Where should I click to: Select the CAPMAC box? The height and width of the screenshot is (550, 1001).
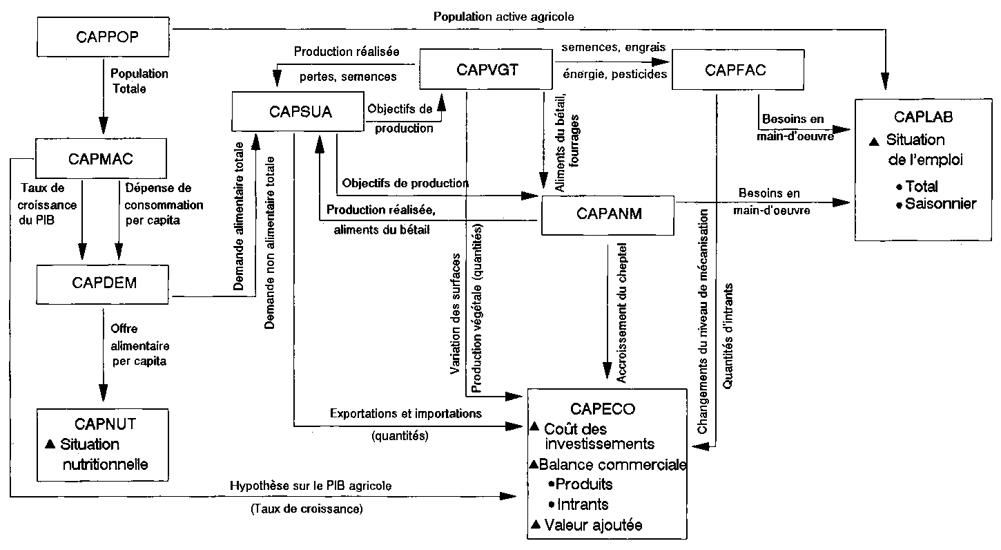point(101,160)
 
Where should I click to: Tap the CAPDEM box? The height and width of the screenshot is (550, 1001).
point(103,283)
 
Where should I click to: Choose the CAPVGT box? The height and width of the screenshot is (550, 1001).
point(487,69)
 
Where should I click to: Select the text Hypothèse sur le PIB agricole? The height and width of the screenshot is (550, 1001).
point(311,486)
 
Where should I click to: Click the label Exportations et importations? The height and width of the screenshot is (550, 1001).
point(405,415)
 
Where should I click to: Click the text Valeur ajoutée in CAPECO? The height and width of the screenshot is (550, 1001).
point(592,525)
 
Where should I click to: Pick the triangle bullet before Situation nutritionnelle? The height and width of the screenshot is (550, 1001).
point(50,444)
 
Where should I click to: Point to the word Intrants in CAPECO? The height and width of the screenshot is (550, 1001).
point(582,504)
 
